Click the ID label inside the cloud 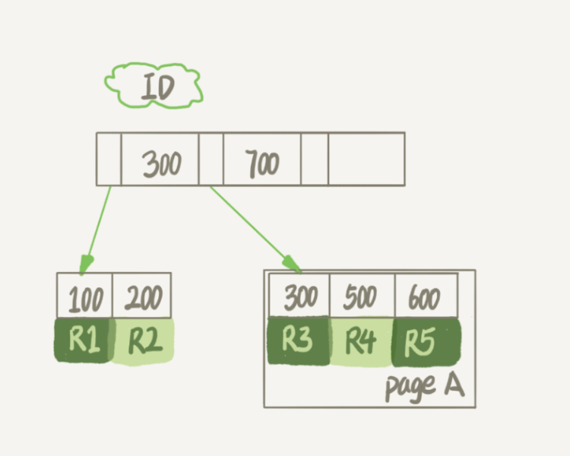157,87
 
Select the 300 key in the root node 162,162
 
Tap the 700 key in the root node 262,162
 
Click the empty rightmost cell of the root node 366,159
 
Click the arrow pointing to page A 255,228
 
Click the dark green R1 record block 84,340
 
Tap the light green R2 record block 144,341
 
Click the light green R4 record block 362,342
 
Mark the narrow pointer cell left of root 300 109,159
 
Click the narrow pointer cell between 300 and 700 211,159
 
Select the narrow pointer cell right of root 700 315,159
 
